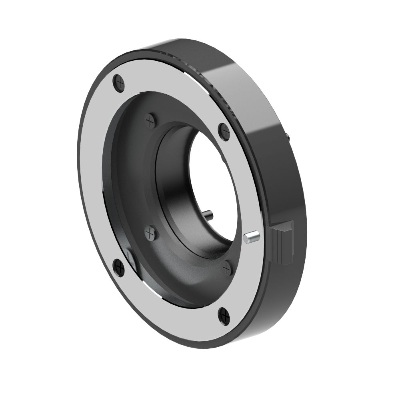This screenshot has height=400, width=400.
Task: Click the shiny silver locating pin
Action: [x=251, y=237]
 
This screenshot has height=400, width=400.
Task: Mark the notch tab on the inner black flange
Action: [x=130, y=256]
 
